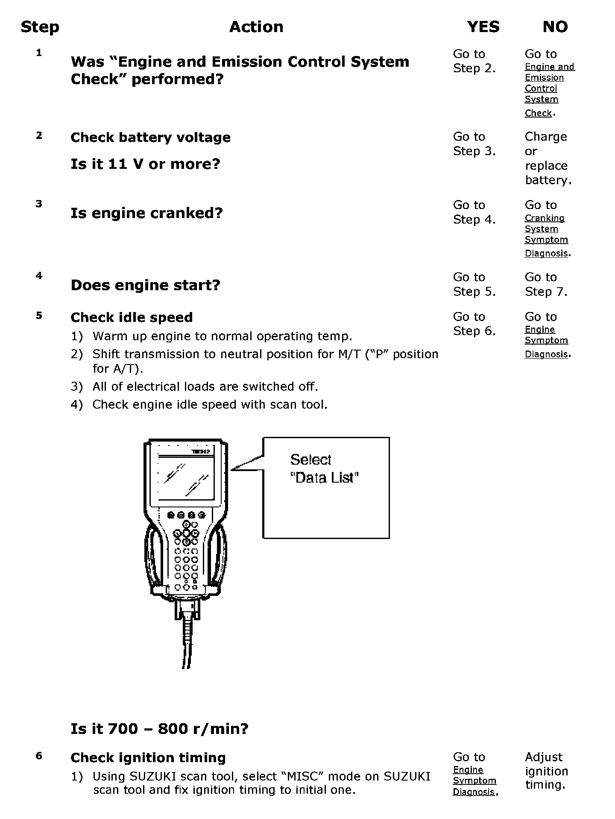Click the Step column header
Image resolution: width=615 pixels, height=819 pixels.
[x=40, y=27]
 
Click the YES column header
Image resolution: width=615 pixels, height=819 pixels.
[x=483, y=27]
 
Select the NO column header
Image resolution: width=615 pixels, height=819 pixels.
[x=555, y=27]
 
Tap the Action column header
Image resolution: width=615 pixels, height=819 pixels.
[x=256, y=27]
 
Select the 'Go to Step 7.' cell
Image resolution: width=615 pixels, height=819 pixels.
[x=546, y=284]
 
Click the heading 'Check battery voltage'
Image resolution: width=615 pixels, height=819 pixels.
[x=150, y=138]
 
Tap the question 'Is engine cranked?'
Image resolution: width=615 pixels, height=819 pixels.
[x=146, y=213]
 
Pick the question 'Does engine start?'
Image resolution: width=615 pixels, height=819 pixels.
[x=145, y=285]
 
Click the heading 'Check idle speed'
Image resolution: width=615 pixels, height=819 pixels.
[x=132, y=318]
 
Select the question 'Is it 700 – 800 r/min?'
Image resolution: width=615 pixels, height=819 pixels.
[x=159, y=728]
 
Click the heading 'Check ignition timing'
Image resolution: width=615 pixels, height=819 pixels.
[x=148, y=758]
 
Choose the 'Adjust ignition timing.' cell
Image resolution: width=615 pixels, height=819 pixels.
[x=546, y=771]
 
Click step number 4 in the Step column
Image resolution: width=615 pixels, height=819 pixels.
[x=39, y=276]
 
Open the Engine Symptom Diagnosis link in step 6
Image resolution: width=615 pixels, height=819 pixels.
[x=474, y=781]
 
